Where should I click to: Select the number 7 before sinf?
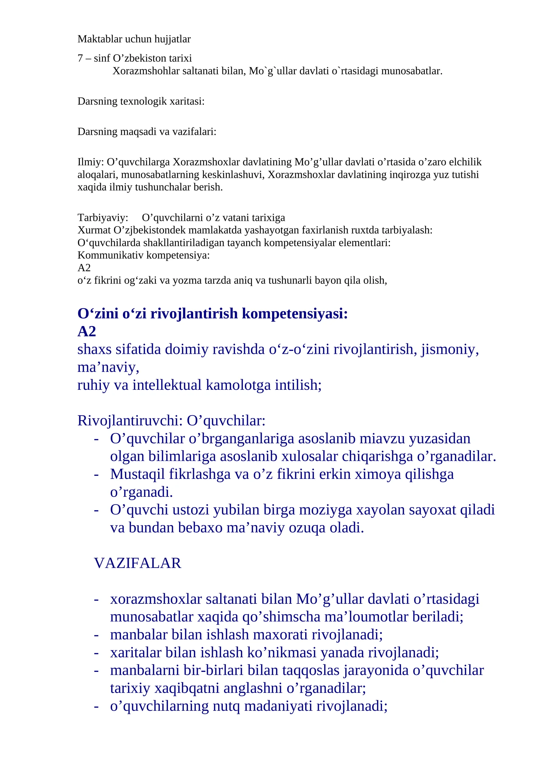[80, 58]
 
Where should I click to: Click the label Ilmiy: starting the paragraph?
[90, 162]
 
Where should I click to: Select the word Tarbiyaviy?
[103, 217]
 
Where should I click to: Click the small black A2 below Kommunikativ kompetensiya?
[84, 268]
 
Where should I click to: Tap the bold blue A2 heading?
[87, 331]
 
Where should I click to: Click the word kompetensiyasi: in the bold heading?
[295, 314]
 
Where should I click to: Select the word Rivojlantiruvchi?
[130, 421]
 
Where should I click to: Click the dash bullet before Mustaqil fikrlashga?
[96, 474]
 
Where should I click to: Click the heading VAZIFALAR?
[138, 563]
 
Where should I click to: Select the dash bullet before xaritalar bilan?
[96, 653]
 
